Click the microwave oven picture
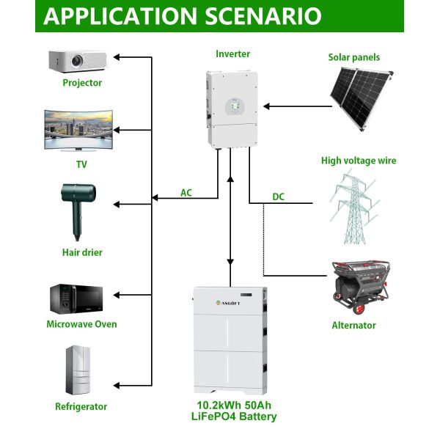click(x=81, y=298)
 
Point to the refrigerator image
click(x=80, y=371)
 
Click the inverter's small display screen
click(x=232, y=106)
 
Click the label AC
click(x=186, y=193)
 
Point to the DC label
click(x=278, y=197)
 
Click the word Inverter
click(x=232, y=54)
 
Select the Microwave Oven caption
click(x=81, y=324)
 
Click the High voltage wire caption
click(x=359, y=161)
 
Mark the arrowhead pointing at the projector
click(x=120, y=56)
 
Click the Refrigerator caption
click(x=81, y=406)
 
